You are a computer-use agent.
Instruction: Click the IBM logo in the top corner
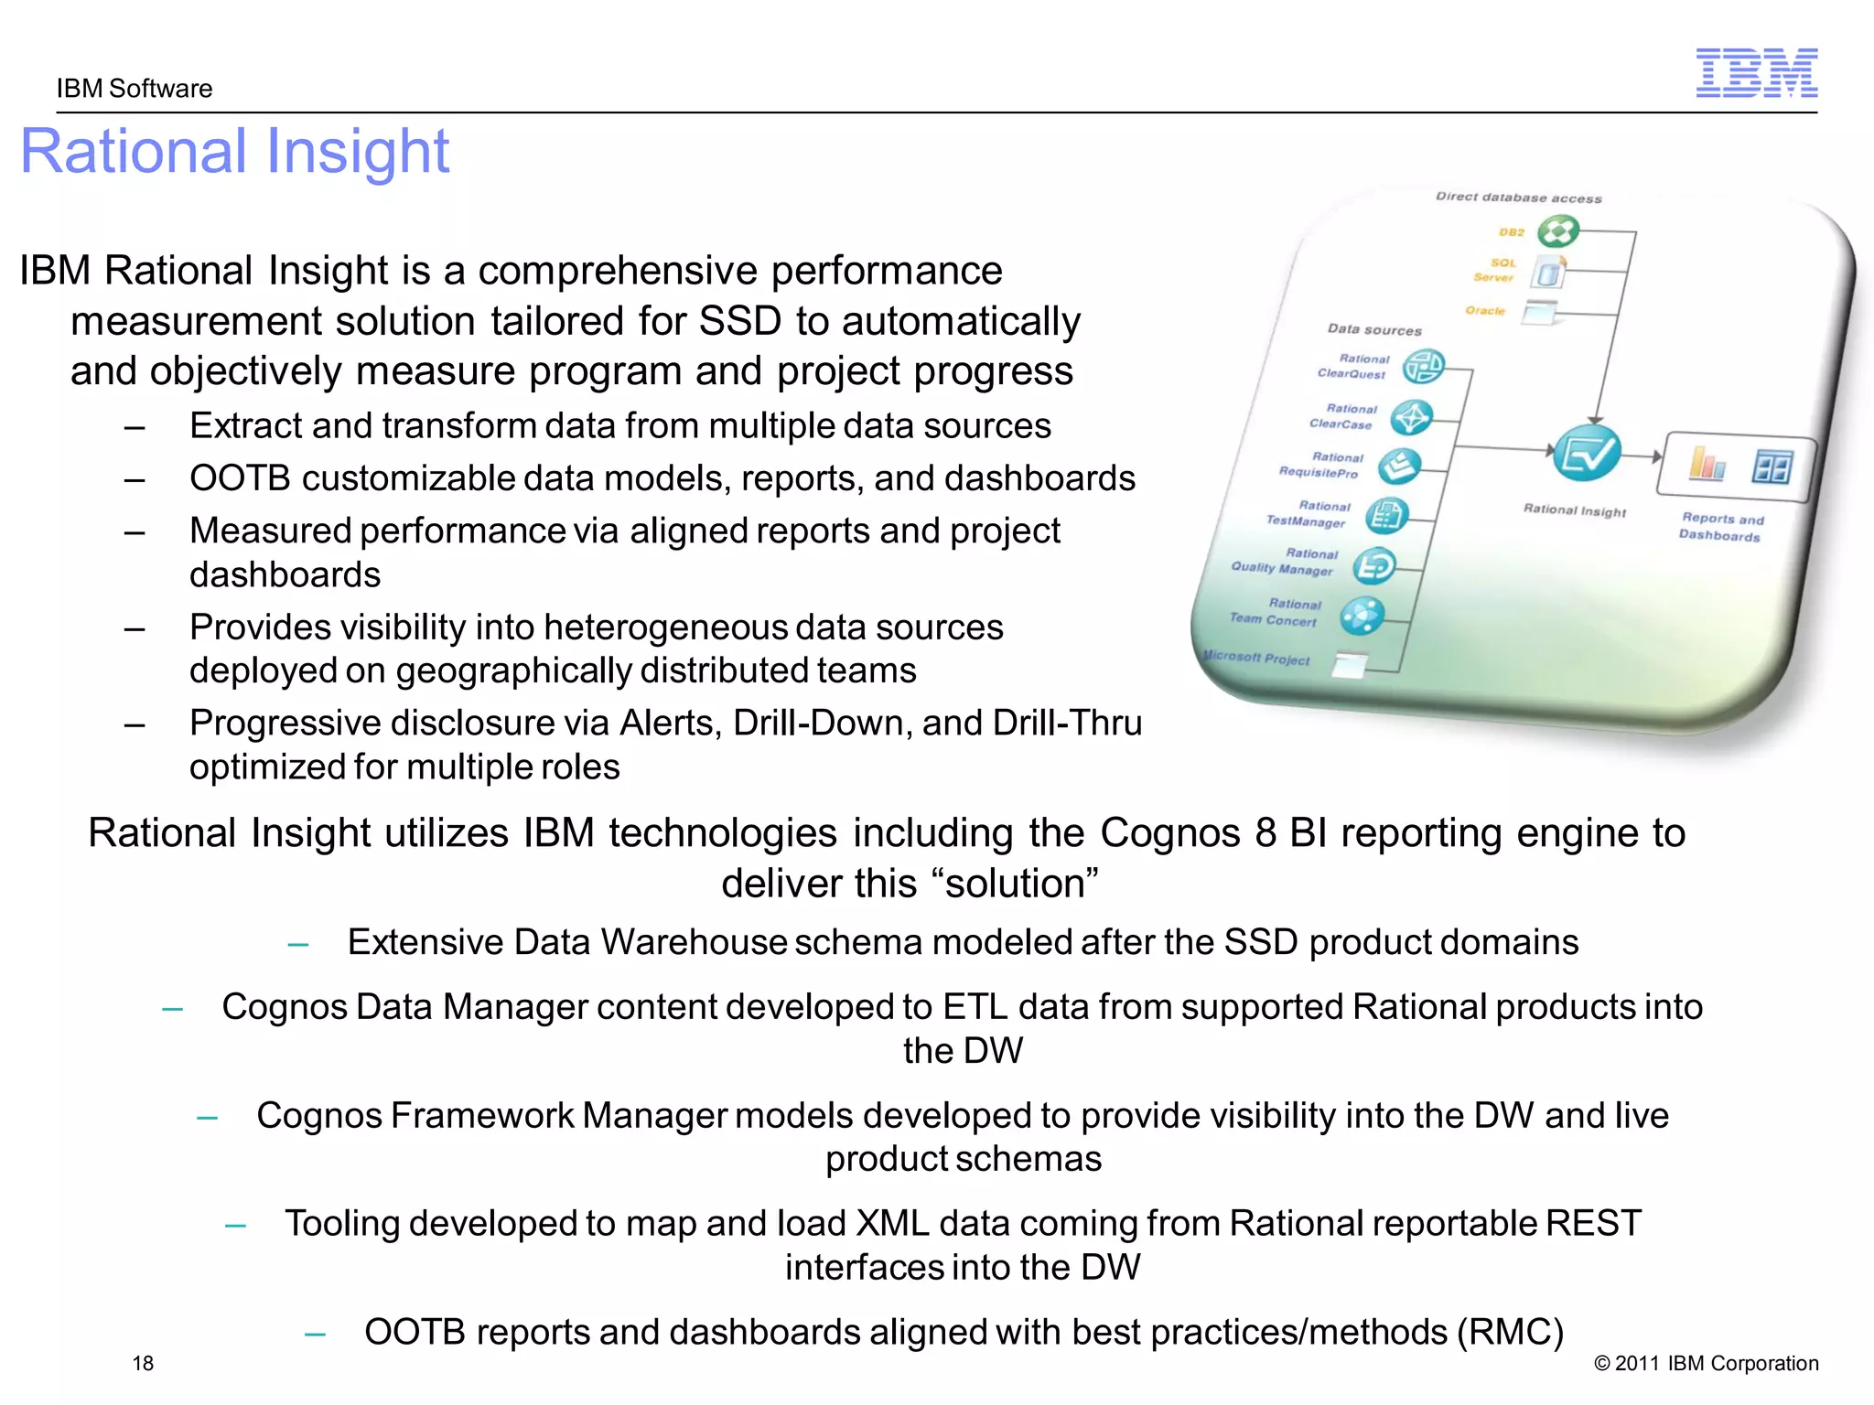pos(1756,73)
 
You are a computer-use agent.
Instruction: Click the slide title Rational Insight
pos(234,151)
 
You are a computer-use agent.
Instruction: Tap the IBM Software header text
pos(135,89)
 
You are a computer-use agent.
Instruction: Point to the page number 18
pos(143,1363)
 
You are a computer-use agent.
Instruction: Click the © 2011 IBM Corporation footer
pos(1706,1363)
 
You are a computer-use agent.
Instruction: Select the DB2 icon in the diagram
pos(1557,231)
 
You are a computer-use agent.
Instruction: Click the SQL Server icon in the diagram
pos(1547,272)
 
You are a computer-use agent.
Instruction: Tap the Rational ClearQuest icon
pos(1424,367)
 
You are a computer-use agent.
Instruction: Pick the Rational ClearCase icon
pos(1411,417)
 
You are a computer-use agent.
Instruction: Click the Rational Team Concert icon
pos(1362,615)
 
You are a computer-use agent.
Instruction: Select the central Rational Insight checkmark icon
pos(1587,453)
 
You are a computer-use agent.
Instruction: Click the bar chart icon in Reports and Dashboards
pos(1707,464)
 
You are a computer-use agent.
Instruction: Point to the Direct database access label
pos(1518,198)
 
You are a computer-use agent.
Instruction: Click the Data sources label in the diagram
pos(1374,329)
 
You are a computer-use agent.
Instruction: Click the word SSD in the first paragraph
pos(739,321)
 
